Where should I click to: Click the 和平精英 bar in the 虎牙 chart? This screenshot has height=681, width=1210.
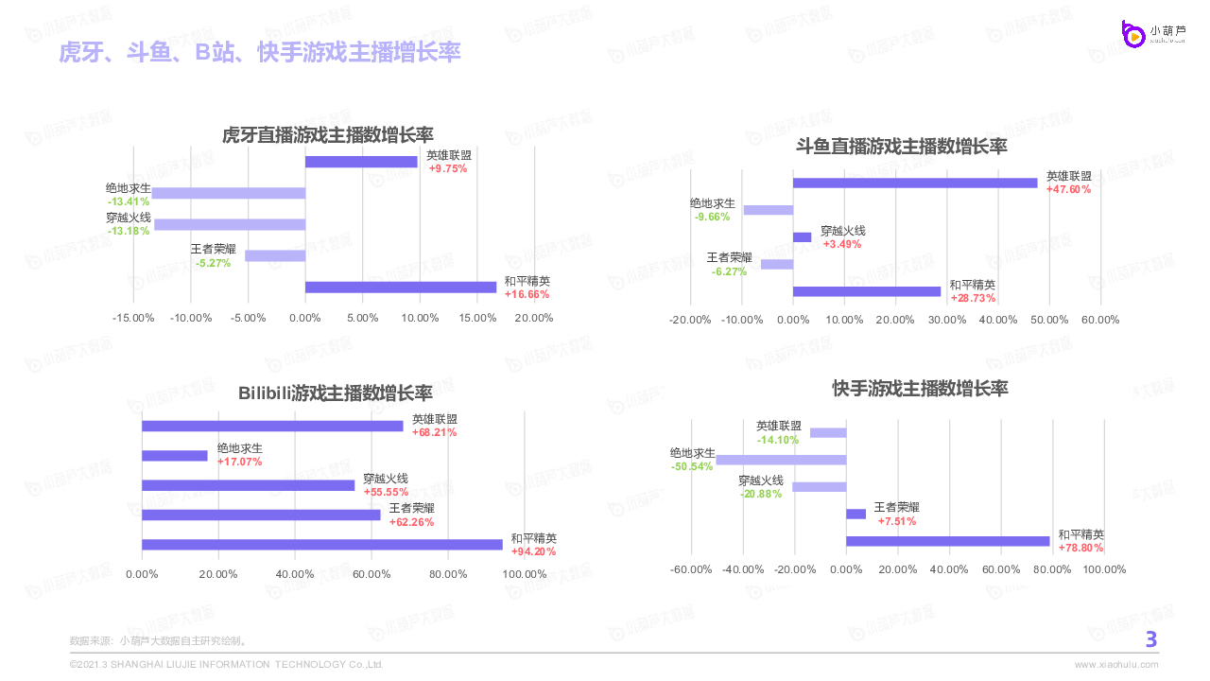(x=401, y=288)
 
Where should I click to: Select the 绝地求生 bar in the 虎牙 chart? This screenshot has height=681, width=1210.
(x=229, y=193)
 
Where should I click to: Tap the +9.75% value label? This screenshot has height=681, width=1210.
(x=448, y=168)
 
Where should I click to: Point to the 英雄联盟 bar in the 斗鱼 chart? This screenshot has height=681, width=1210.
(x=915, y=183)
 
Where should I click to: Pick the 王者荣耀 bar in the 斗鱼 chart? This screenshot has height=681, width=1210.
(x=777, y=264)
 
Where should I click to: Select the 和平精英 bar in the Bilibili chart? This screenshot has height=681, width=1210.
(x=322, y=544)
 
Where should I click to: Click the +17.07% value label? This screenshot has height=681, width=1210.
(x=239, y=462)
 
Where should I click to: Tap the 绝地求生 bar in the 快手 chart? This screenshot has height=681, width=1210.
(x=781, y=460)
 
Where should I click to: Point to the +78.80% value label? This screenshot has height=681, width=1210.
(x=1081, y=548)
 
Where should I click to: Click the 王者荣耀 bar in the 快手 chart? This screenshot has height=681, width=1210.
(x=856, y=514)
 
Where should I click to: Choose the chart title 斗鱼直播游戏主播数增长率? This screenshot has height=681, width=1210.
(x=902, y=147)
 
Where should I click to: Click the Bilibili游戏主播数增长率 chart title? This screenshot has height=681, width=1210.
(x=336, y=393)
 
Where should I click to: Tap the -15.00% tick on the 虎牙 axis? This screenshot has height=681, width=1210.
(x=133, y=318)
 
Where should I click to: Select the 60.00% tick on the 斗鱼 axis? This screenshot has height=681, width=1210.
(x=1100, y=320)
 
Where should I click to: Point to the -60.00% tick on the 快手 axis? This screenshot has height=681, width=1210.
(x=691, y=569)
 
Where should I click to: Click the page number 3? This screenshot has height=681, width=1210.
(x=1151, y=640)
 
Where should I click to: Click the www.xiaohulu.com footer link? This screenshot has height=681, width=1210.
(x=1116, y=664)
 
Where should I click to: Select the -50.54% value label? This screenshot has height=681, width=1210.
(x=692, y=466)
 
